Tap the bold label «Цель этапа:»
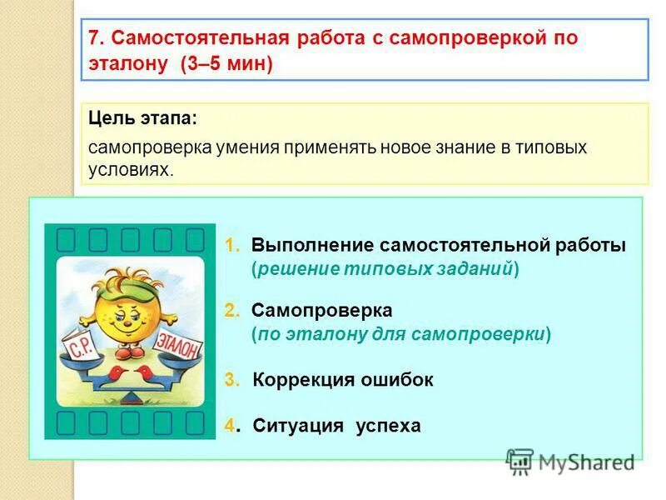143,119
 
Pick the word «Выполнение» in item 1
312,246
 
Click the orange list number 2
230,311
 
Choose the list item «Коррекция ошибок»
342,380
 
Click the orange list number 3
231,380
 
